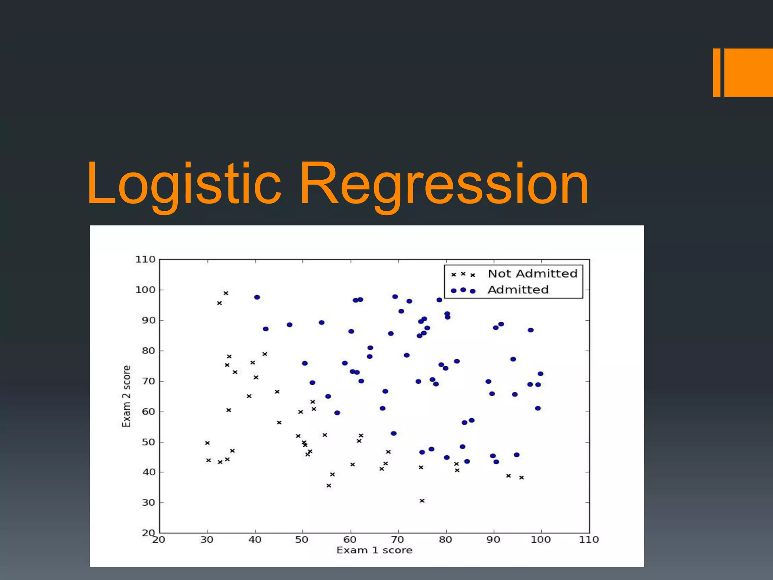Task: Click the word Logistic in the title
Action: [x=184, y=184]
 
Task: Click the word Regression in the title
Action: [x=443, y=184]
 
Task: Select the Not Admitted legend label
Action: [x=532, y=273]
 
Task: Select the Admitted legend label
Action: [x=518, y=290]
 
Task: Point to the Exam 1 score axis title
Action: [x=374, y=550]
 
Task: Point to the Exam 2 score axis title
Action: [x=126, y=396]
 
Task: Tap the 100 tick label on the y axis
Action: [x=145, y=290]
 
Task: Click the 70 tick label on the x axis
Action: [x=397, y=540]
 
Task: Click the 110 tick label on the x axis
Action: [x=589, y=540]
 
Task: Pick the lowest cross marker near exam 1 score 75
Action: [x=422, y=501]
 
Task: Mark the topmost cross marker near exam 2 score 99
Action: [x=226, y=293]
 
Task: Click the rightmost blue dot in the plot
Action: [x=540, y=374]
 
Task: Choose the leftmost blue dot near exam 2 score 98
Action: [x=257, y=297]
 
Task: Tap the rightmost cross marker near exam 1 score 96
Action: [x=521, y=478]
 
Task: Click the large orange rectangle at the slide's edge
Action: [x=748, y=72]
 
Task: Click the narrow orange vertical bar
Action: [x=716, y=72]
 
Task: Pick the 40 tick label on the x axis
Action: [x=255, y=540]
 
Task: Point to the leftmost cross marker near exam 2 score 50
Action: [x=207, y=443]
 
